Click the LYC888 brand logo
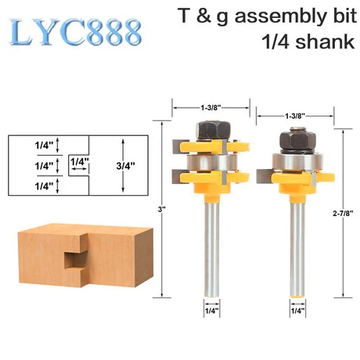coord(75,32)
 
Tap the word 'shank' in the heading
coord(325,42)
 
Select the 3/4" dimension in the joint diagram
coord(125,166)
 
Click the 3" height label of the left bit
coord(162,209)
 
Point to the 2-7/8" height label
coord(343,213)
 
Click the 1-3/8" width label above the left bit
coord(211,107)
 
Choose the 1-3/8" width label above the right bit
coord(295,116)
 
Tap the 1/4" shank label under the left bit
coord(212,311)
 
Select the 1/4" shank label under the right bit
coord(298,311)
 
